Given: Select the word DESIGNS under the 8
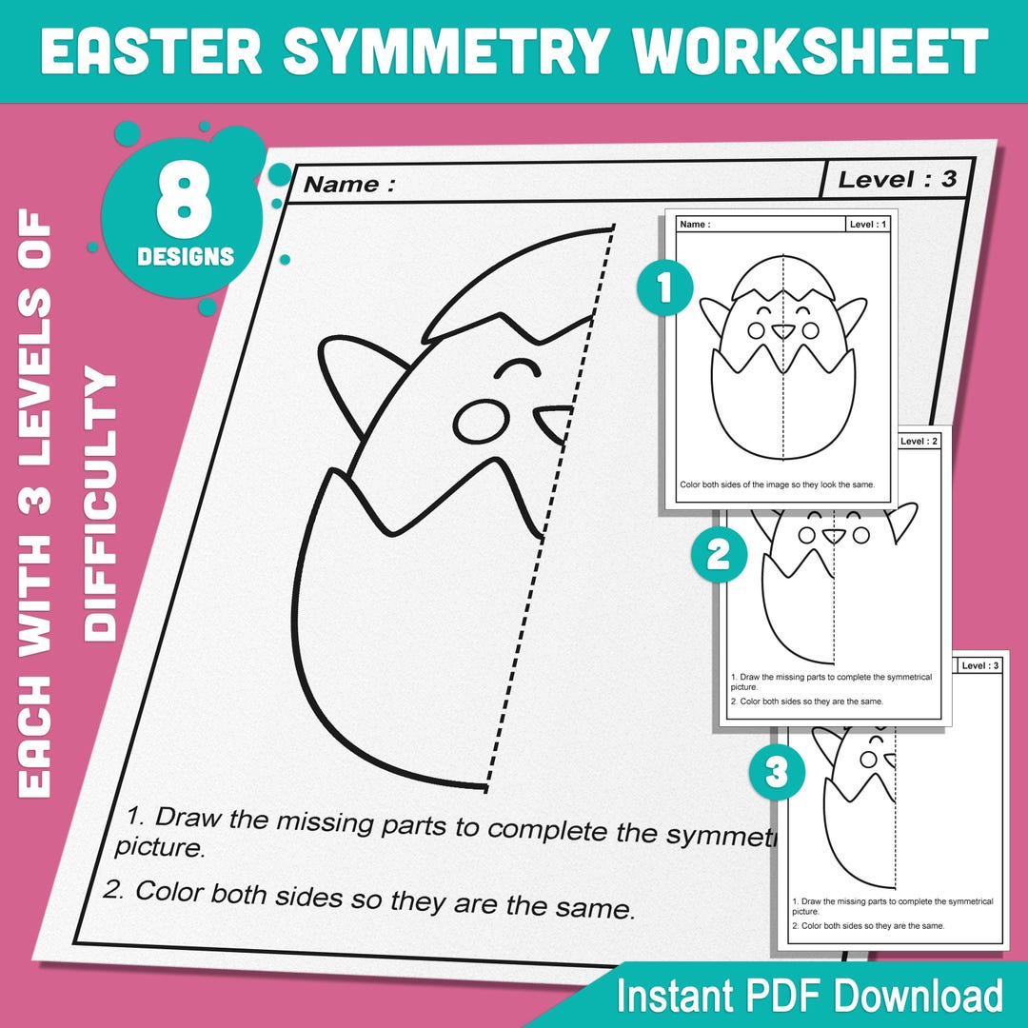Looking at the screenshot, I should (x=185, y=257).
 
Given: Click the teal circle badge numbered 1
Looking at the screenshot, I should (x=662, y=288).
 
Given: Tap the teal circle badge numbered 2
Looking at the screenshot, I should (x=718, y=555).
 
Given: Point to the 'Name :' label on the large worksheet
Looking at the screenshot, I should (x=348, y=185).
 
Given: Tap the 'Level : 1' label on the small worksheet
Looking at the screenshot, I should (x=868, y=225).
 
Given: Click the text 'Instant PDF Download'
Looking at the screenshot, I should (x=809, y=996).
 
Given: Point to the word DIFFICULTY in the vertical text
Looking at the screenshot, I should (x=100, y=504).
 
